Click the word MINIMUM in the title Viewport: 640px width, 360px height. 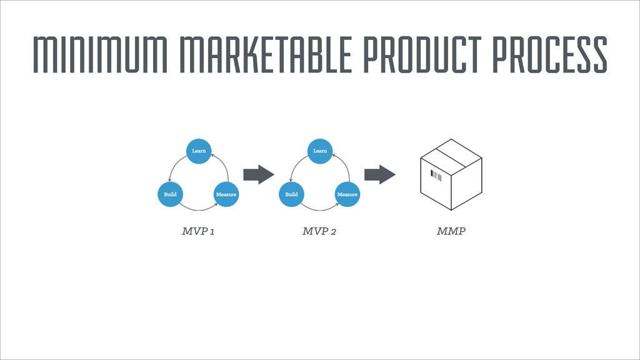coord(96,54)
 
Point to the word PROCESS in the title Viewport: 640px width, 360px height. coord(550,54)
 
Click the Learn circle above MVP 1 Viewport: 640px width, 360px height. coord(199,151)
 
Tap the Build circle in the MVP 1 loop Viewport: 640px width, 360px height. coord(170,194)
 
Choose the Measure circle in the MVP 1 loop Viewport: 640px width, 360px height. coord(226,194)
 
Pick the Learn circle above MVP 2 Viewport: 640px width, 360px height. coord(320,151)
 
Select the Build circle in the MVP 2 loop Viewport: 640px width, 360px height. coord(291,194)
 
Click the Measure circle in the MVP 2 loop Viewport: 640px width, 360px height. coord(347,194)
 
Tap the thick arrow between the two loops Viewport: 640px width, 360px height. coord(258,174)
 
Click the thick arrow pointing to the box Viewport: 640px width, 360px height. coord(379,174)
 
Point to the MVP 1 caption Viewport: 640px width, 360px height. coord(199,232)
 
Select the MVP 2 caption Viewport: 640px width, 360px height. coord(319,232)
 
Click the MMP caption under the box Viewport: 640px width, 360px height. coord(451,232)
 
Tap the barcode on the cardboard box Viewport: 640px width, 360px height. coord(436,176)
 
